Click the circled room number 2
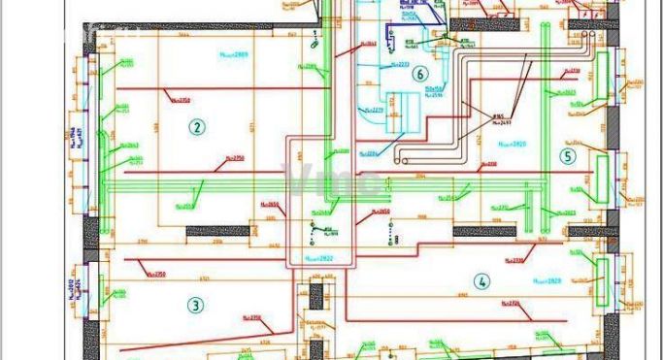coord(196,127)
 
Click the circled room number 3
coord(196,305)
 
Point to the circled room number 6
coord(419,74)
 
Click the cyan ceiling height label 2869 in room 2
coord(234,54)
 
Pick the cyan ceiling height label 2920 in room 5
coord(512,144)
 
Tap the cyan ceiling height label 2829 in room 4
coord(547,280)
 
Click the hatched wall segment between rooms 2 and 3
coord(217,231)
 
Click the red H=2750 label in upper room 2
coord(180,99)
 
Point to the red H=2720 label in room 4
coord(521,304)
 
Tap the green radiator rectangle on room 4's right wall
coord(601,271)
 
